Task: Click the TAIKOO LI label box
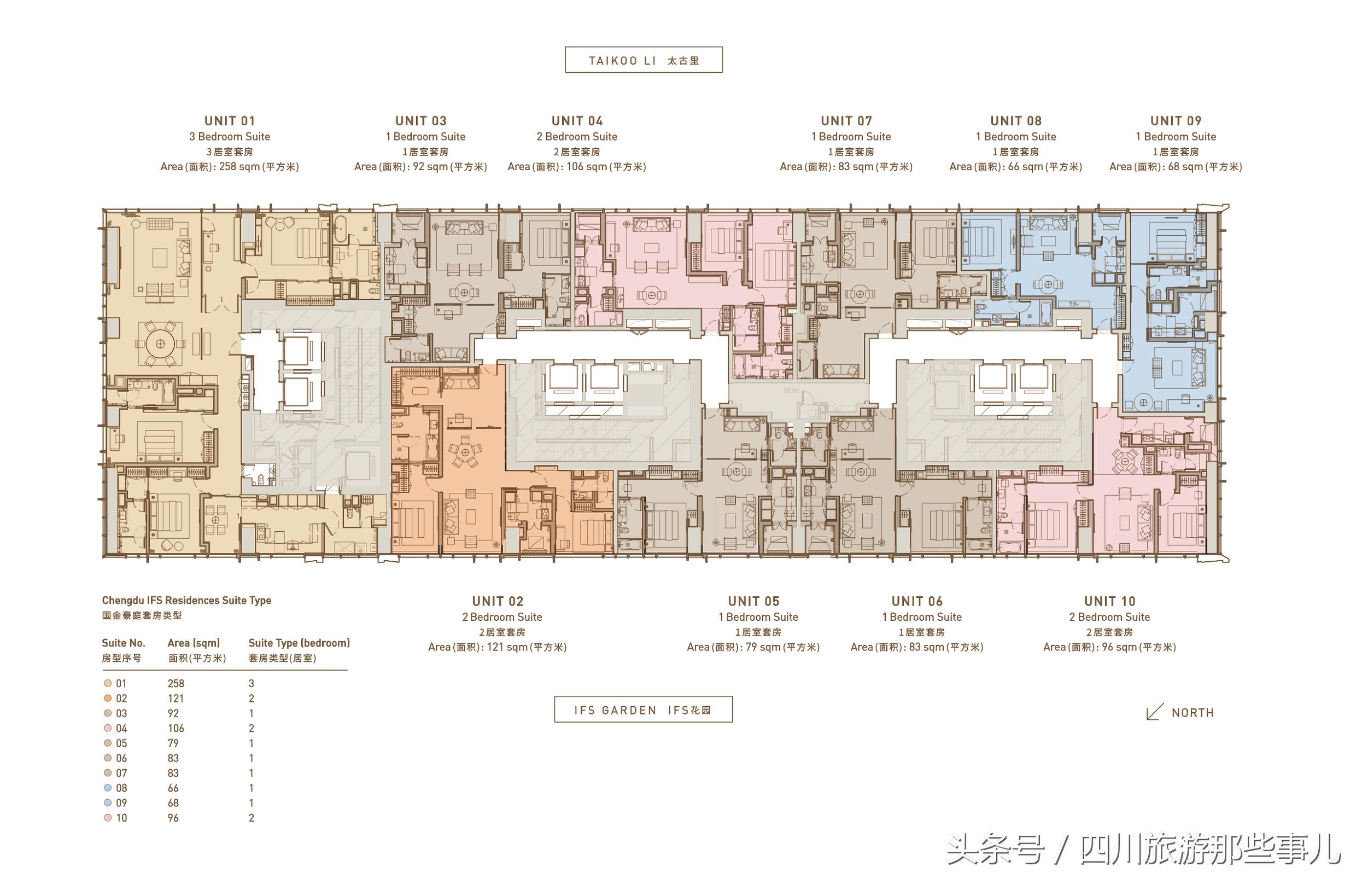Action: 644,60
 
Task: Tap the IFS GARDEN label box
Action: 644,710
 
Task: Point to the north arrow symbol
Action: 1155,712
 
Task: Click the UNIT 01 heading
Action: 230,121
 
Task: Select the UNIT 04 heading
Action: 577,121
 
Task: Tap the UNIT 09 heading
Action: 1176,121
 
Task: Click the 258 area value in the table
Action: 176,684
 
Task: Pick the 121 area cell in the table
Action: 176,699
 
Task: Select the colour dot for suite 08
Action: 108,788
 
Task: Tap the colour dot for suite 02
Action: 108,699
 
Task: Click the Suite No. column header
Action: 124,643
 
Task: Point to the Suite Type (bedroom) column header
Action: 299,643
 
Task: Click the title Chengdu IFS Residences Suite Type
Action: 186,600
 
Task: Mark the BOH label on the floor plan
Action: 791,391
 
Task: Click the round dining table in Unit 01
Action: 160,344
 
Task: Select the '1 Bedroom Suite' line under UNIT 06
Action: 921,617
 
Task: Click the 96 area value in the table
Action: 173,818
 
